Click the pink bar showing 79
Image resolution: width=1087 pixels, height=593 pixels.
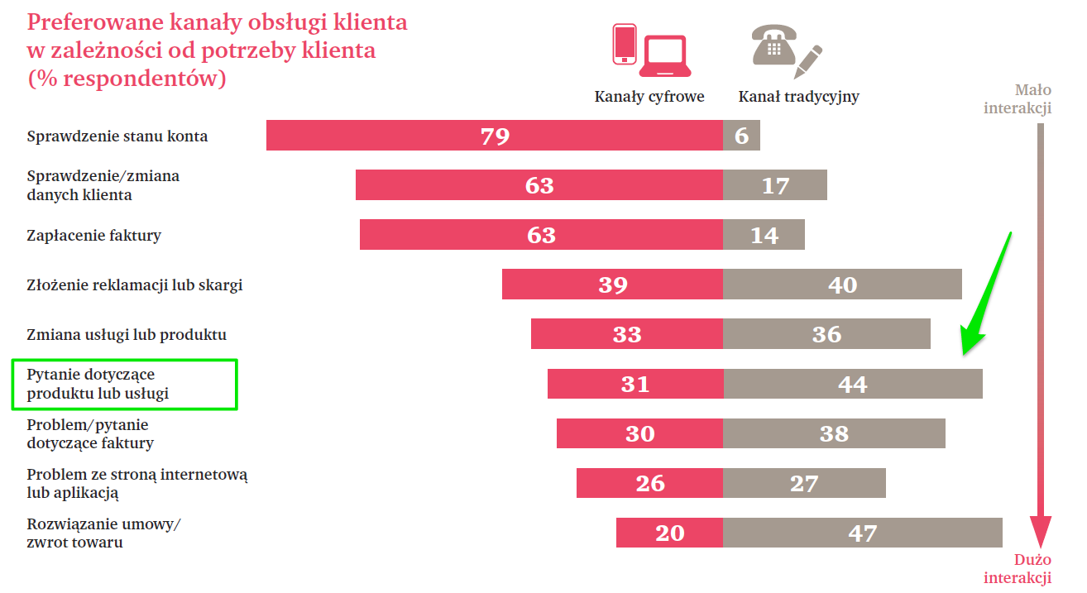click(x=494, y=136)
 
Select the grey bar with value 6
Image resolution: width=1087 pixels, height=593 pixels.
click(x=741, y=136)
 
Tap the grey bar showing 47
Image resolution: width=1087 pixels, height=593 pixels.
click(x=862, y=533)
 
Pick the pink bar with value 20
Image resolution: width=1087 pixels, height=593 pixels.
click(x=669, y=533)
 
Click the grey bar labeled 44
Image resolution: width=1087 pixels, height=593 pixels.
click(x=852, y=384)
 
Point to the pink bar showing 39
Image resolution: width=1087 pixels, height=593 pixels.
click(x=612, y=285)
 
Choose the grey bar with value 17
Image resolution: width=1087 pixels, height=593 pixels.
click(x=775, y=185)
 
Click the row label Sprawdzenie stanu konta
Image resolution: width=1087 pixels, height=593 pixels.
click(x=117, y=136)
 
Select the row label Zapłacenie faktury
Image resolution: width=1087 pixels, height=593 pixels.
click(x=94, y=236)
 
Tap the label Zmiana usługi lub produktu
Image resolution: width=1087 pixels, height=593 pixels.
click(x=127, y=335)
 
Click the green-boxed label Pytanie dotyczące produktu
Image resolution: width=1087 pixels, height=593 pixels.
click(x=98, y=385)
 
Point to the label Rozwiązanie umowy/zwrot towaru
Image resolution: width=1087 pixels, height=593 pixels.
click(x=103, y=533)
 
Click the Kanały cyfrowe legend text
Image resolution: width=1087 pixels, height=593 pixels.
click(x=649, y=97)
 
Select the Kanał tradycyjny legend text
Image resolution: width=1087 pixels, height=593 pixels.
click(x=799, y=97)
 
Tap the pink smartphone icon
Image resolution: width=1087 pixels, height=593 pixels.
click(x=625, y=44)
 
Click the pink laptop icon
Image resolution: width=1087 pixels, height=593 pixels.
click(x=666, y=51)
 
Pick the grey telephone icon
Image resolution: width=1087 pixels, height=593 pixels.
click(x=773, y=45)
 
